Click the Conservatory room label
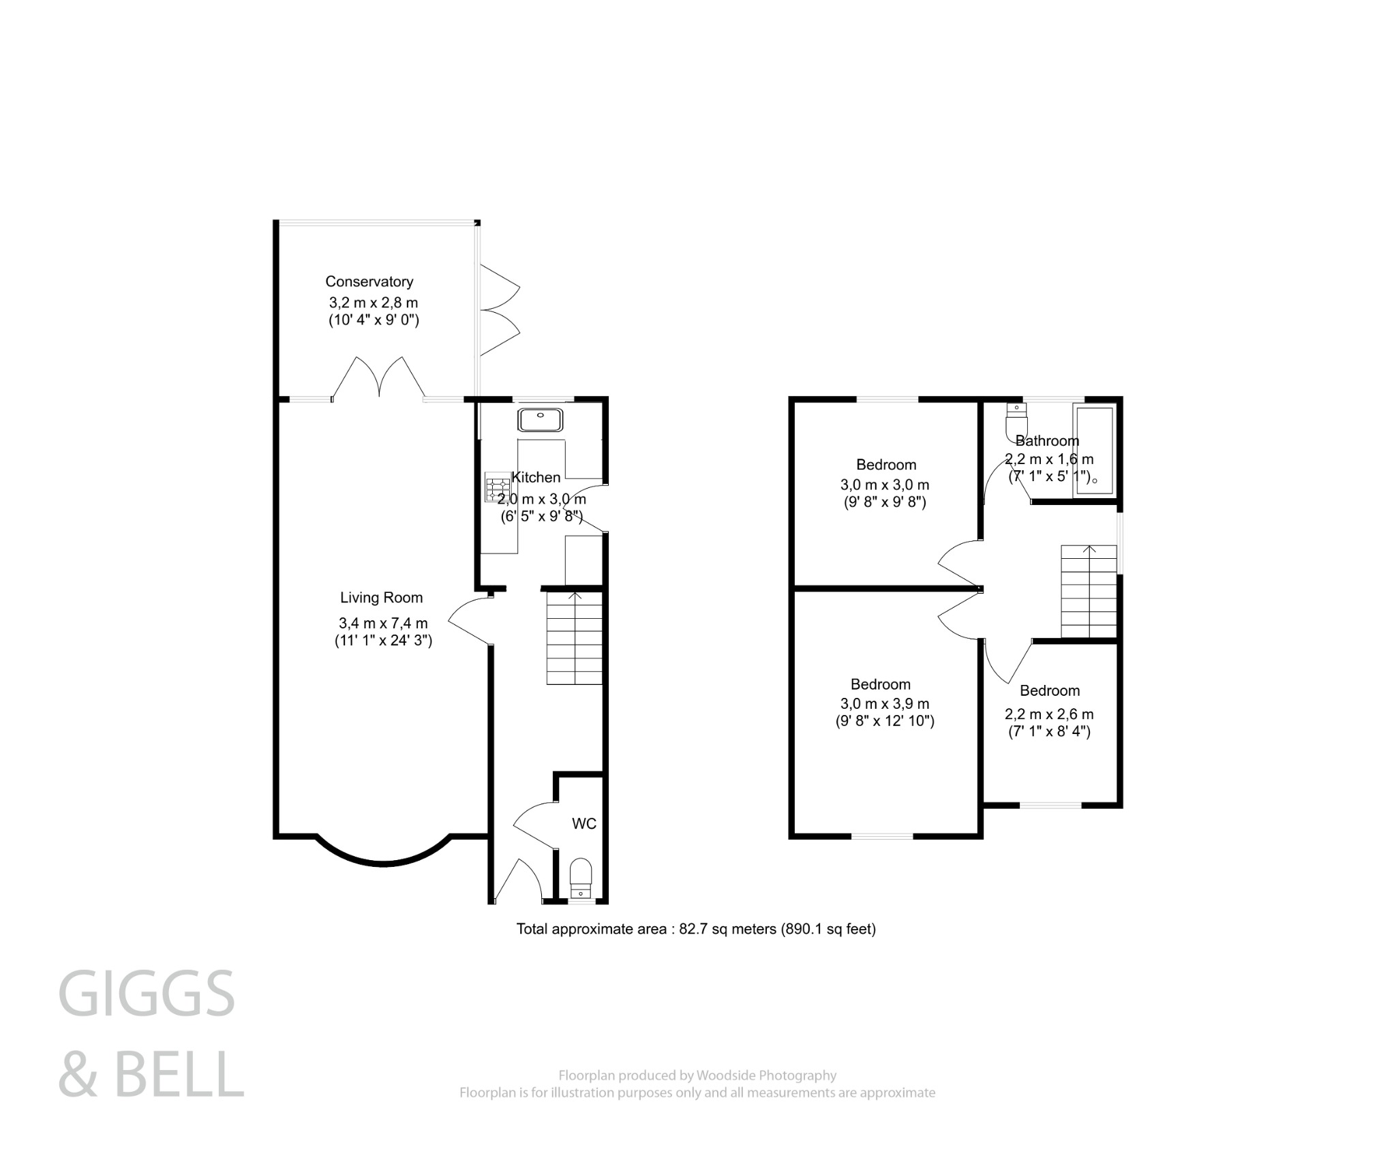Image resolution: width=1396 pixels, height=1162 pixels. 369,281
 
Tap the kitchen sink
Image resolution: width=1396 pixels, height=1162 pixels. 541,420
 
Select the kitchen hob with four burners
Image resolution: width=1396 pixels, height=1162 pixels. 497,488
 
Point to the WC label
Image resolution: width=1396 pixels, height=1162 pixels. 583,824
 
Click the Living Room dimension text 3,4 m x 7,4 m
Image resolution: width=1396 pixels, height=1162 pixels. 383,623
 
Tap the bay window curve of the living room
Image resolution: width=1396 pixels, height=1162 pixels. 383,861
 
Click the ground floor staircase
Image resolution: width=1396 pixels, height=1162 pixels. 575,638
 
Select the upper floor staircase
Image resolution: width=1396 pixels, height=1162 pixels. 1089,592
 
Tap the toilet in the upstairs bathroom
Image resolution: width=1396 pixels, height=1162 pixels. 1015,422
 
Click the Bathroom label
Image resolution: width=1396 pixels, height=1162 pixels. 1047,441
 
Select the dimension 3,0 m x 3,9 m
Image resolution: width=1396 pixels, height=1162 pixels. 885,703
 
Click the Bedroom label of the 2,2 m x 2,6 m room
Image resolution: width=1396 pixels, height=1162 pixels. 1050,690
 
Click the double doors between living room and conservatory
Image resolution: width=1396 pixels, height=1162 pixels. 379,377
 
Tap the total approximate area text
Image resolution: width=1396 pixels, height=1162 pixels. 696,929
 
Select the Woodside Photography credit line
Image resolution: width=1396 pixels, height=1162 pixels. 697,1075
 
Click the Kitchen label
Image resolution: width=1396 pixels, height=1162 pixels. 536,477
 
